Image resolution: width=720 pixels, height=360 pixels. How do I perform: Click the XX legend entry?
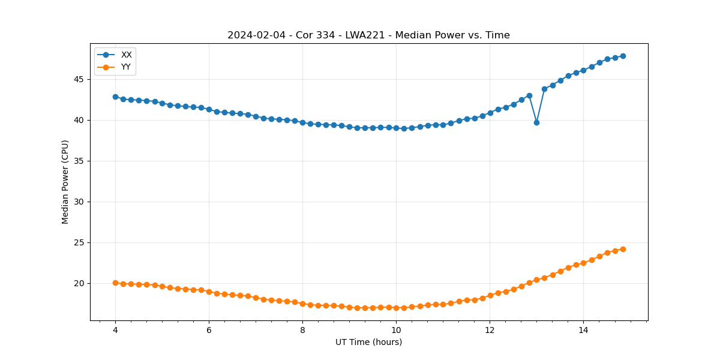(x=126, y=55)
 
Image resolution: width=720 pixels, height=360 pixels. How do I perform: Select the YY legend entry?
(x=125, y=67)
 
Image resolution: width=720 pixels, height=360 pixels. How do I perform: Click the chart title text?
(x=368, y=35)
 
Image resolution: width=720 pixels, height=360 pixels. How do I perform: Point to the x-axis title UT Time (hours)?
(x=368, y=342)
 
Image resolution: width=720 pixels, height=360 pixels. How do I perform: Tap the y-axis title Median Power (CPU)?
(x=65, y=182)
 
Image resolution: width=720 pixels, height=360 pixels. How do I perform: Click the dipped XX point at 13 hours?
(x=536, y=122)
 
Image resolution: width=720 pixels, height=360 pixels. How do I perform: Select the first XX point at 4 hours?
(x=115, y=97)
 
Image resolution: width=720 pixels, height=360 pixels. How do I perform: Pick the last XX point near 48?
(x=623, y=56)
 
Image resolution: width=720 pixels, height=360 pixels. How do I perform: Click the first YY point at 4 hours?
(x=115, y=283)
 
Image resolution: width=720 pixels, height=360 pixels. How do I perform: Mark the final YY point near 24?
(x=623, y=249)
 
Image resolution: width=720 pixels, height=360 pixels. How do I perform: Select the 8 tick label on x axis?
(x=302, y=330)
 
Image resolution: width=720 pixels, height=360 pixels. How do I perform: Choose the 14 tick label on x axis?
(x=583, y=330)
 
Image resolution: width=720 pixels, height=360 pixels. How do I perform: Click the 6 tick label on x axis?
(x=209, y=330)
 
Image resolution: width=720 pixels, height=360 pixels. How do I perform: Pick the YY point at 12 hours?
(x=490, y=295)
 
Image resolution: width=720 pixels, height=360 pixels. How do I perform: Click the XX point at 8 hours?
(x=302, y=122)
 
